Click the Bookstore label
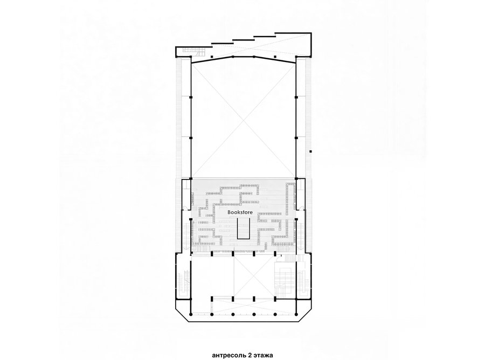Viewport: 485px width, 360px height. (240, 212)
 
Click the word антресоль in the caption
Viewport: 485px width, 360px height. (230, 355)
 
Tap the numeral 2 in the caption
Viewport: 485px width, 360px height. (250, 355)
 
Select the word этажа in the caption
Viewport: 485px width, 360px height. (263, 355)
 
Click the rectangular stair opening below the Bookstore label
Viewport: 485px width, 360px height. (244, 227)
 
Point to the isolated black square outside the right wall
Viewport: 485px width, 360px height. (311, 151)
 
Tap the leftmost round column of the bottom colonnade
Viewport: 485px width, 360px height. (191, 314)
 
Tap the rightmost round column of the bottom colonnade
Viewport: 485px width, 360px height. (296, 314)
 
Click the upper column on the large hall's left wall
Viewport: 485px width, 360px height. (191, 97)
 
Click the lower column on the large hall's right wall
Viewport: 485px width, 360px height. (296, 137)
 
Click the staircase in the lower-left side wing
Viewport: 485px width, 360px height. (186, 283)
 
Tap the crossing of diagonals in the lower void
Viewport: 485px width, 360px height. (244, 278)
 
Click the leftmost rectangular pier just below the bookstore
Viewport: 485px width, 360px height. (212, 254)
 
